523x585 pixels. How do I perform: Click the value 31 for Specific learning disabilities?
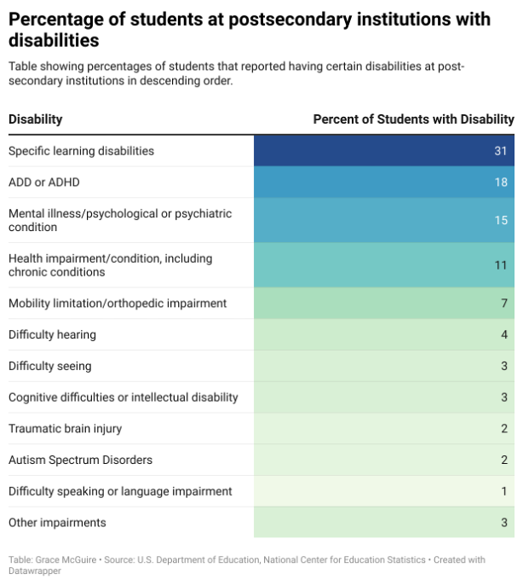501,151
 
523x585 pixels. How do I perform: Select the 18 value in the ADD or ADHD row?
501,182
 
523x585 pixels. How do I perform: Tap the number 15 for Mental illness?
501,220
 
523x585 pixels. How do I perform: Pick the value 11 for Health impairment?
501,265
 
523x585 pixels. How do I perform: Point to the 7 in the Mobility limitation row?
504,303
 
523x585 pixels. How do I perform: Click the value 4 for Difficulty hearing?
504,334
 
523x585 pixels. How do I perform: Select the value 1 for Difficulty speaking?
504,491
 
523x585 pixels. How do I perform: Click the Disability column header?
36,119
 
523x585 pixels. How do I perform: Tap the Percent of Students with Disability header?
413,119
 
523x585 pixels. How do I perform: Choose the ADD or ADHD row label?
44,182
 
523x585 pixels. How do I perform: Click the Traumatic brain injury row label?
66,429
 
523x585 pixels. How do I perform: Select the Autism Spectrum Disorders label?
81,460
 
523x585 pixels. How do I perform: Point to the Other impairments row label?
57,523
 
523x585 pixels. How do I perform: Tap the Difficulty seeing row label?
50,366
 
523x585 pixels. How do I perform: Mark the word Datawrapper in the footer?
35,571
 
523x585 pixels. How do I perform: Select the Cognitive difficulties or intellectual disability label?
124,397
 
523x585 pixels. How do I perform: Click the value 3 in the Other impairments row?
504,522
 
